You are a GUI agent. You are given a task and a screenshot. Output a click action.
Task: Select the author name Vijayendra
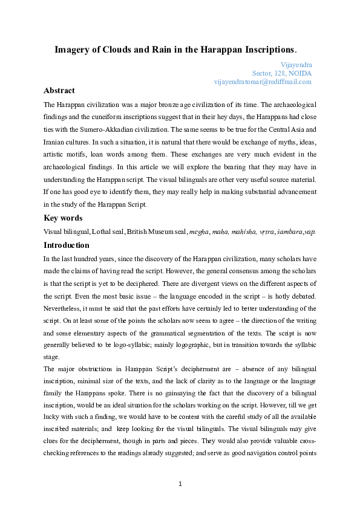point(296,63)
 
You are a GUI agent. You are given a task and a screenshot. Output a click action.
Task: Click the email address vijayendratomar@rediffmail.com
point(263,81)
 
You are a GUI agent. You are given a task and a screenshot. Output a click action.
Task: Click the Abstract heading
point(59,91)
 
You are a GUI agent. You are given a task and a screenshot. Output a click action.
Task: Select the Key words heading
point(63,218)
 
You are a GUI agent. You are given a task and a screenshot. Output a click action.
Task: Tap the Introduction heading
point(67,245)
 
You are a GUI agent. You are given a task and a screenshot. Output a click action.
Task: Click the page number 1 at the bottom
point(180,484)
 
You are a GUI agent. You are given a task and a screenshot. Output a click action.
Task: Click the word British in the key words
point(139,232)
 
